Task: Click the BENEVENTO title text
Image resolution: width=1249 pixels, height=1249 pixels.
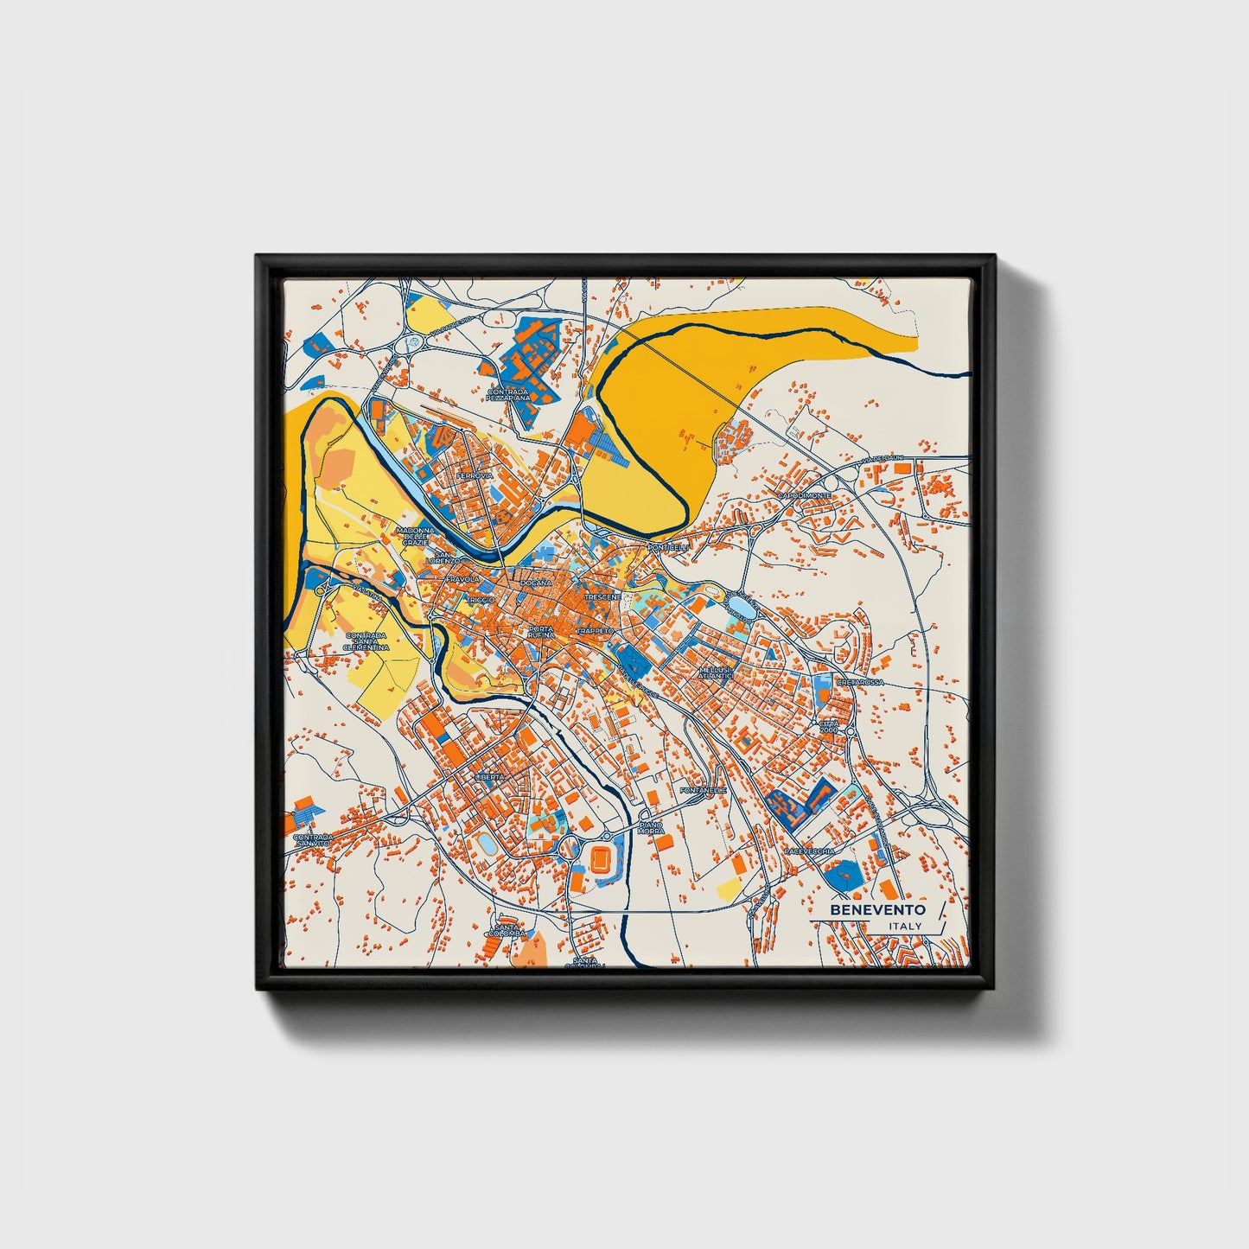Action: pos(877,910)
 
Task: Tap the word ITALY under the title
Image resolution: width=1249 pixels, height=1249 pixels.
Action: pos(904,927)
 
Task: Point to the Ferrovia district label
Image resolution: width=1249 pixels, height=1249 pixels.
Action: pos(475,475)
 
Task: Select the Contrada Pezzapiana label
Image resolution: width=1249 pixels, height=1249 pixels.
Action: pos(507,394)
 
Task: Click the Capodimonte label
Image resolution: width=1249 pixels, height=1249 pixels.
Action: pos(804,495)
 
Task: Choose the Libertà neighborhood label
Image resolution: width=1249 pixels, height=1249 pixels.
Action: pos(489,777)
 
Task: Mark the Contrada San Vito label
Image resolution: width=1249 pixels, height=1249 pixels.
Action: pos(313,841)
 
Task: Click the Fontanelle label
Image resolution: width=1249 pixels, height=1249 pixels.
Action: pos(704,790)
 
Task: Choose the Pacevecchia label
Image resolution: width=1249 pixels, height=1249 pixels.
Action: pos(809,851)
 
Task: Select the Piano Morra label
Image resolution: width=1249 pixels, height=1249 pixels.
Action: pos(650,829)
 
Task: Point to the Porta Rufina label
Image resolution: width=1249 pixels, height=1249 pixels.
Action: pos(541,632)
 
